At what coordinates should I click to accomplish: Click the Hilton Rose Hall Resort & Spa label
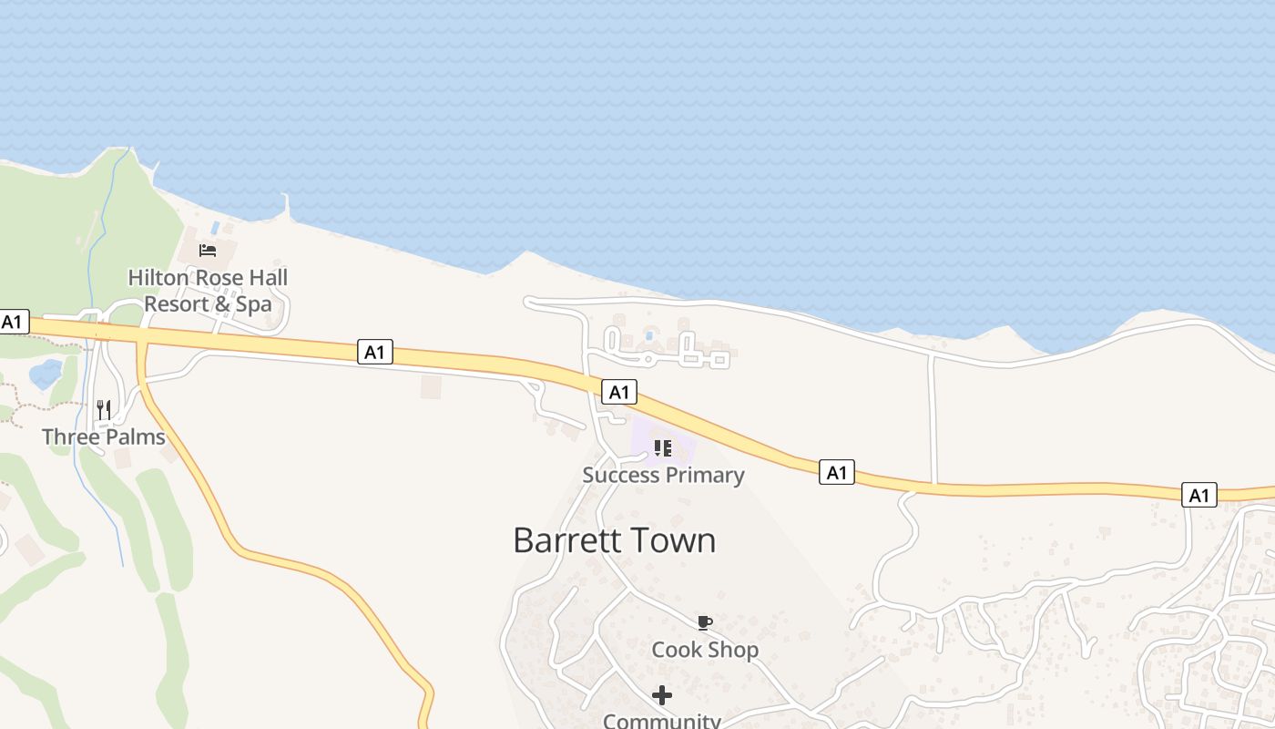pyautogui.click(x=208, y=290)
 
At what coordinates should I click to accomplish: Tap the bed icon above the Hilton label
pyautogui.click(x=208, y=251)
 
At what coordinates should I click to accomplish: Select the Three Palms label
pyautogui.click(x=104, y=436)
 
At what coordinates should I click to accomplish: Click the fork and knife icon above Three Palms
pyautogui.click(x=104, y=409)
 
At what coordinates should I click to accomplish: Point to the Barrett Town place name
pyautogui.click(x=614, y=539)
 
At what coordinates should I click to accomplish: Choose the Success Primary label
pyautogui.click(x=663, y=475)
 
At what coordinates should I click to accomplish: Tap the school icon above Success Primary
pyautogui.click(x=663, y=447)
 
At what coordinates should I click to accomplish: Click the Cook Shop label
pyautogui.click(x=705, y=650)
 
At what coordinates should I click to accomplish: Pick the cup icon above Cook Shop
pyautogui.click(x=704, y=622)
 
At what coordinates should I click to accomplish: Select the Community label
pyautogui.click(x=662, y=721)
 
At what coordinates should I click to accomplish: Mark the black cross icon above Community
pyautogui.click(x=662, y=695)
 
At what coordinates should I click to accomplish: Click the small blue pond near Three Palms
pyautogui.click(x=44, y=374)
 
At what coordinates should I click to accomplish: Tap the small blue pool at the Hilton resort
pyautogui.click(x=215, y=228)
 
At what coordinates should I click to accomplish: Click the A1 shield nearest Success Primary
pyautogui.click(x=619, y=393)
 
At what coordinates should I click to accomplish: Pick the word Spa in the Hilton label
pyautogui.click(x=254, y=303)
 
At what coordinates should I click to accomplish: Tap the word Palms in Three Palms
pyautogui.click(x=134, y=436)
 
